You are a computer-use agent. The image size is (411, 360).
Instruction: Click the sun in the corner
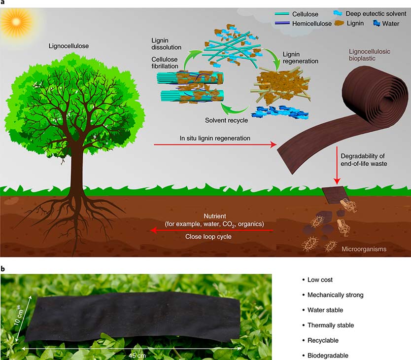pos(16,22)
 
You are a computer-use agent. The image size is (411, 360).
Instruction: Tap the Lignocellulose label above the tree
pos(68,46)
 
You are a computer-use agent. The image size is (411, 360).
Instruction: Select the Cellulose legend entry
pos(297,14)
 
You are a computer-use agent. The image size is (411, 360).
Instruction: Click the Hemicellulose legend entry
pos(303,23)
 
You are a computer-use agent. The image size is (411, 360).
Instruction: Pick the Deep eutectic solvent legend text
pos(376,14)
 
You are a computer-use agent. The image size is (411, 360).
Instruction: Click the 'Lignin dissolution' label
pos(166,44)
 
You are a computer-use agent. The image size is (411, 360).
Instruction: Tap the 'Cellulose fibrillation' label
pos(165,63)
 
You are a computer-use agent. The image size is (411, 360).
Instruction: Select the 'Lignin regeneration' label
pos(301,58)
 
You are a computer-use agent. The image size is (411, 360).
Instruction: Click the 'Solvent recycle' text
pos(227,120)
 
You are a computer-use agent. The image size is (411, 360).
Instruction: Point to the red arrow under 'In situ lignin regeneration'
pos(215,144)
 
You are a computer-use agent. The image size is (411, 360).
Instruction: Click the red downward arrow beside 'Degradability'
pos(337,165)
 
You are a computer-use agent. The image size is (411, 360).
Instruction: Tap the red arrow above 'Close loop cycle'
pos(211,230)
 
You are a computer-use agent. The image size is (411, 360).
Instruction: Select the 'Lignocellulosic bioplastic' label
pos(369,55)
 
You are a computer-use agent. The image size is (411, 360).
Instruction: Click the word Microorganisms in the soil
pos(364,249)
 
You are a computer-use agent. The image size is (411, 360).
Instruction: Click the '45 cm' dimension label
pos(137,356)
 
